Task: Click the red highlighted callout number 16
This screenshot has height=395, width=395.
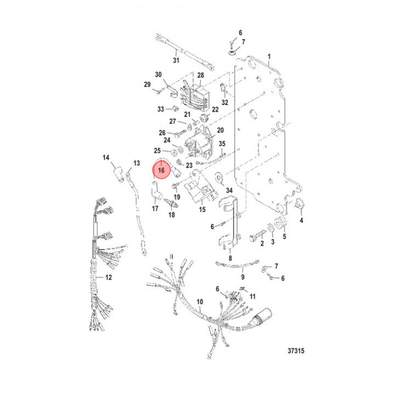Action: click(162, 170)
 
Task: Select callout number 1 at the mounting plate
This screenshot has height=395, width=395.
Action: click(269, 57)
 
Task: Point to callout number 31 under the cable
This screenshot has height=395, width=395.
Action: click(176, 61)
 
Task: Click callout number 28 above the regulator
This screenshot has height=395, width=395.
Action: click(200, 75)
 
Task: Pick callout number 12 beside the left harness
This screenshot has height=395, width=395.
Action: click(109, 278)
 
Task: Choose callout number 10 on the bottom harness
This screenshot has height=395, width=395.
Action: click(199, 302)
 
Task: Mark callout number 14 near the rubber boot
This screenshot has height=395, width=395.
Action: click(106, 158)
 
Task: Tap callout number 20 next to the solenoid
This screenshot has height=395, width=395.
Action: click(221, 131)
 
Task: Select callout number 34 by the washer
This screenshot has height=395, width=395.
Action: click(228, 190)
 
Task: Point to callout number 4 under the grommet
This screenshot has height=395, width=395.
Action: click(301, 221)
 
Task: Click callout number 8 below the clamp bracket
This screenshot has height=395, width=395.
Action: click(230, 257)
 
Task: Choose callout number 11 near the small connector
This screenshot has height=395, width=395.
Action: click(253, 296)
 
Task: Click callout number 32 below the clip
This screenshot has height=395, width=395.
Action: click(224, 103)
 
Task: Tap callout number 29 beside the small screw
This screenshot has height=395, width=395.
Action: click(147, 84)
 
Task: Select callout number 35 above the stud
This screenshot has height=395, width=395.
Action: click(222, 144)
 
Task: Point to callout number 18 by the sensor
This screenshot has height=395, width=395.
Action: click(171, 215)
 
